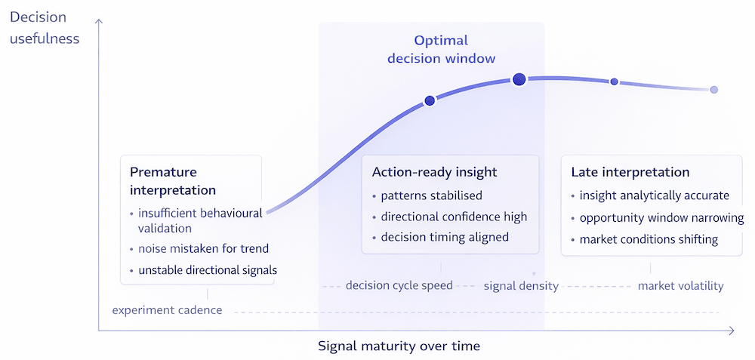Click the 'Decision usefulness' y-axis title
click(x=45, y=27)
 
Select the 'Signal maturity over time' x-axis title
click(x=399, y=346)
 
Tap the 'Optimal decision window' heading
click(x=441, y=49)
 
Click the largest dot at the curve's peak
click(x=519, y=79)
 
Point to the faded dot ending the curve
click(x=713, y=90)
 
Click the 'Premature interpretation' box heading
click(x=173, y=180)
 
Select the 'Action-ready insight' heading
click(x=433, y=172)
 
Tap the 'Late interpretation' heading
click(x=630, y=172)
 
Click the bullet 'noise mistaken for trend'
click(x=203, y=248)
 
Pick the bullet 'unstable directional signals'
click(x=208, y=269)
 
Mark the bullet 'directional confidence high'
click(x=454, y=217)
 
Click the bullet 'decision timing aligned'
click(x=445, y=237)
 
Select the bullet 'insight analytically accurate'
click(x=654, y=195)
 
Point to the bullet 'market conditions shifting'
click(x=649, y=239)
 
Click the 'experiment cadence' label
click(x=167, y=309)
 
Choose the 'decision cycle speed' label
click(x=399, y=285)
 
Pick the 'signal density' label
click(x=521, y=285)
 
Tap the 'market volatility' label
click(x=680, y=285)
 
